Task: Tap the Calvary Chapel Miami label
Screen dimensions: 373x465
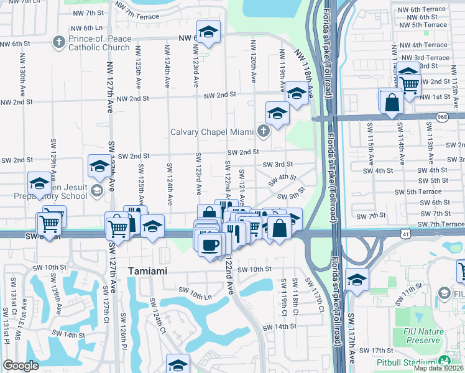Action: tap(213, 132)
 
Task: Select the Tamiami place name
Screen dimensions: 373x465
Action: tap(149, 272)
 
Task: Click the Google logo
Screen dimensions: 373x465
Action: tap(21, 365)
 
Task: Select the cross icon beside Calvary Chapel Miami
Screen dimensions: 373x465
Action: tap(264, 131)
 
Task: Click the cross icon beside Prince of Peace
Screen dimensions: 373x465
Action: tap(59, 42)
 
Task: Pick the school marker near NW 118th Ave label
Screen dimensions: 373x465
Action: tap(297, 93)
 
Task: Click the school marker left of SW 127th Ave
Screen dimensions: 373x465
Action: tap(99, 165)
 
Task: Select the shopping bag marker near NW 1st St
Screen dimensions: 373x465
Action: tap(392, 101)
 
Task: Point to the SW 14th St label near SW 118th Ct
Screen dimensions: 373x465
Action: tap(279, 327)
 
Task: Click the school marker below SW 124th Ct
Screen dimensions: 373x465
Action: tap(178, 364)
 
